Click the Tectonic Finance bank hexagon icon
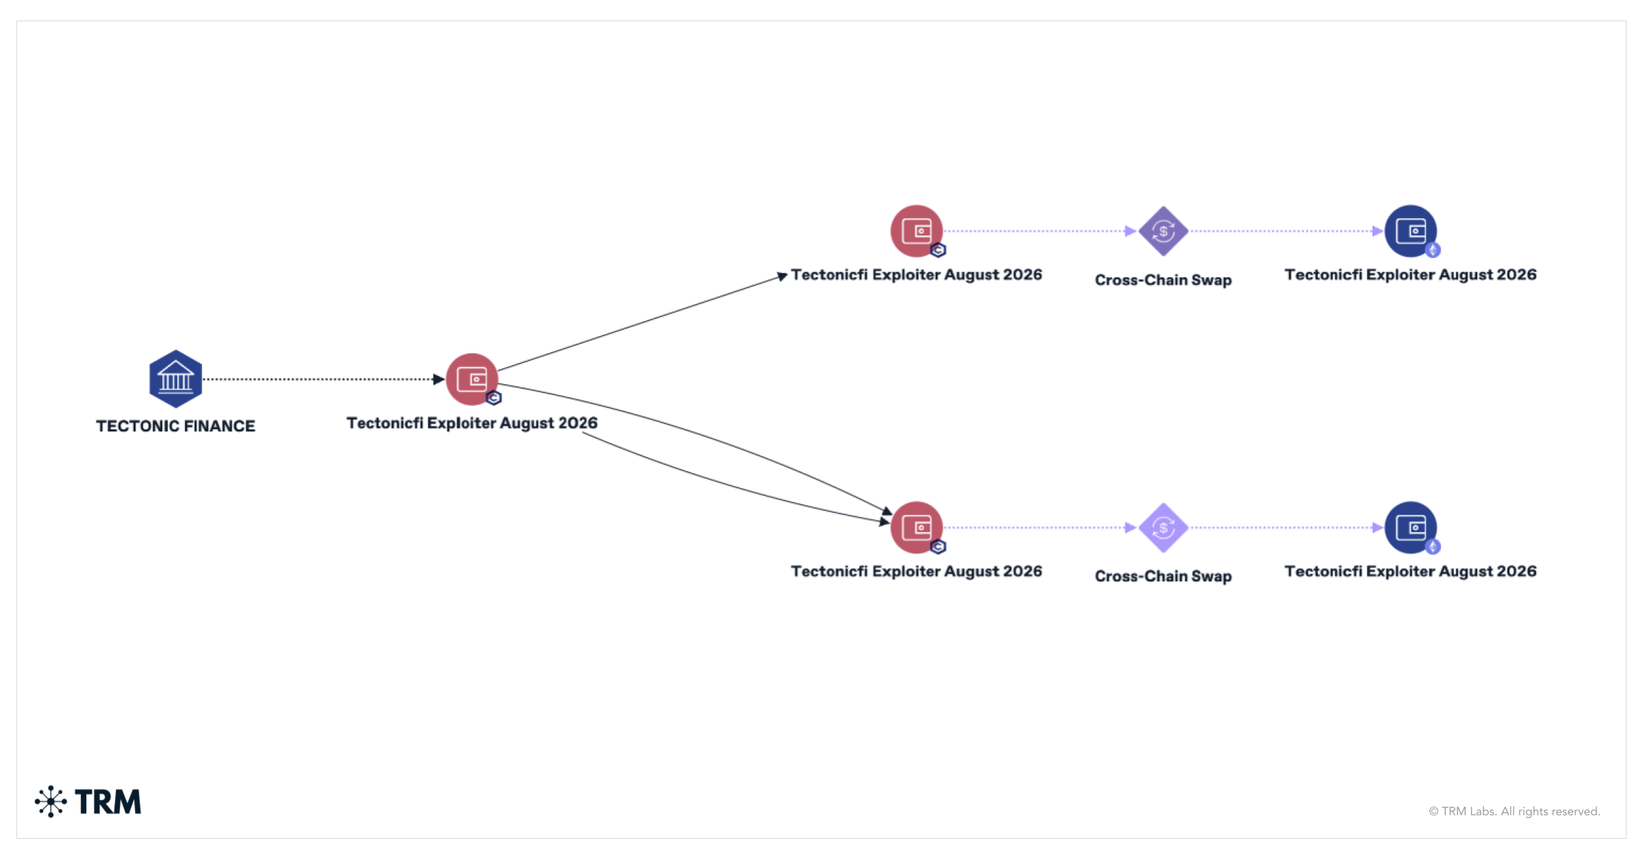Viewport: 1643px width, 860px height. coord(175,379)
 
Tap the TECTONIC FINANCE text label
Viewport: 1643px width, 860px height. coord(175,426)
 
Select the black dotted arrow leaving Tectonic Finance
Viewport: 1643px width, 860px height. coord(324,379)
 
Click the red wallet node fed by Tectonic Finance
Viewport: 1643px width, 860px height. coord(472,379)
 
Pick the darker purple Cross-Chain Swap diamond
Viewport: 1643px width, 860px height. coord(1163,231)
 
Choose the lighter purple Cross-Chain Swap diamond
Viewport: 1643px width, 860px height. coord(1163,528)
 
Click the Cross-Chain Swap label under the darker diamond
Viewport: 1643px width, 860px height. coord(1163,280)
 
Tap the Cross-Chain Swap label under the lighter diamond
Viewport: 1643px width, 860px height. coord(1163,577)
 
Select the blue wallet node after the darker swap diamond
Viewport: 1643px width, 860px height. coord(1410,231)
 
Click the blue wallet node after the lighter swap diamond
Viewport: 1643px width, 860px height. coord(1410,527)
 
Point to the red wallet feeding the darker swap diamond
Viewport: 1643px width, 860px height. coord(917,231)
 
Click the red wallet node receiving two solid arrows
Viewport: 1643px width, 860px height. coord(917,527)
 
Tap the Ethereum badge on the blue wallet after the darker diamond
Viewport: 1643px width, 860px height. coord(1433,250)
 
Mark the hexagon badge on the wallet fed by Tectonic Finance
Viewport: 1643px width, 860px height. coord(494,398)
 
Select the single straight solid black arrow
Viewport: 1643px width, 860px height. coord(643,322)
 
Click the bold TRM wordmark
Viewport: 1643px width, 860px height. coord(108,802)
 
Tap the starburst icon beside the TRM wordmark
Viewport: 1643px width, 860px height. coord(51,801)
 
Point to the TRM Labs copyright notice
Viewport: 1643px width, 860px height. coord(1514,811)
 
